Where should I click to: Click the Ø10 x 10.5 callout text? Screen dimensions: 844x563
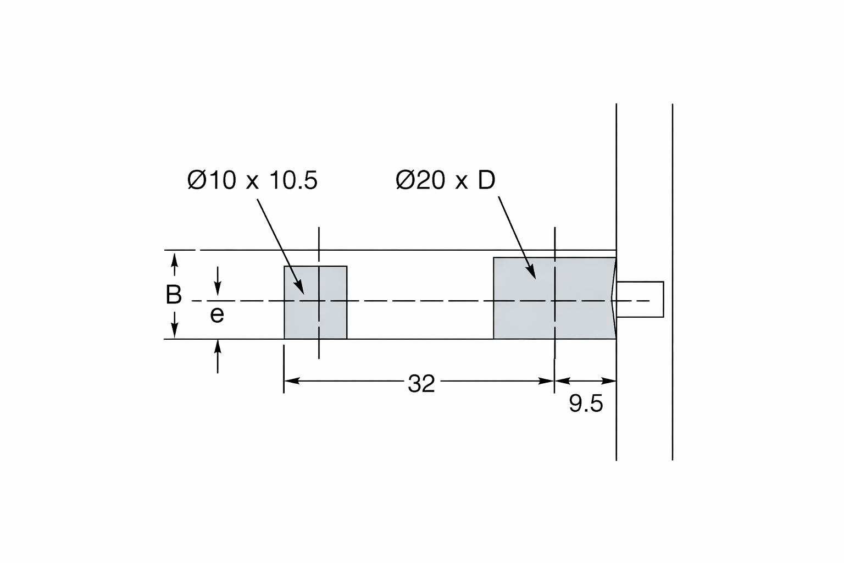(252, 180)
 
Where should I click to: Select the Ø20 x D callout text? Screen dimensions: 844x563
(446, 180)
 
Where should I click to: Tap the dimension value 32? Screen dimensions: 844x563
(421, 384)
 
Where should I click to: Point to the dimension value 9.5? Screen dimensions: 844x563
(586, 404)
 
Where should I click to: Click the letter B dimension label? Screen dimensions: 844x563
(174, 295)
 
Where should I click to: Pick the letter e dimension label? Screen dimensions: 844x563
(217, 314)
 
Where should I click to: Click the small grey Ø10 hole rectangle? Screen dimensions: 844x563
(316, 302)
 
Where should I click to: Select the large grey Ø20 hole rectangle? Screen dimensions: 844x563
(554, 299)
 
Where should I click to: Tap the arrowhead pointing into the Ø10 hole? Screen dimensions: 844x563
(300, 289)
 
